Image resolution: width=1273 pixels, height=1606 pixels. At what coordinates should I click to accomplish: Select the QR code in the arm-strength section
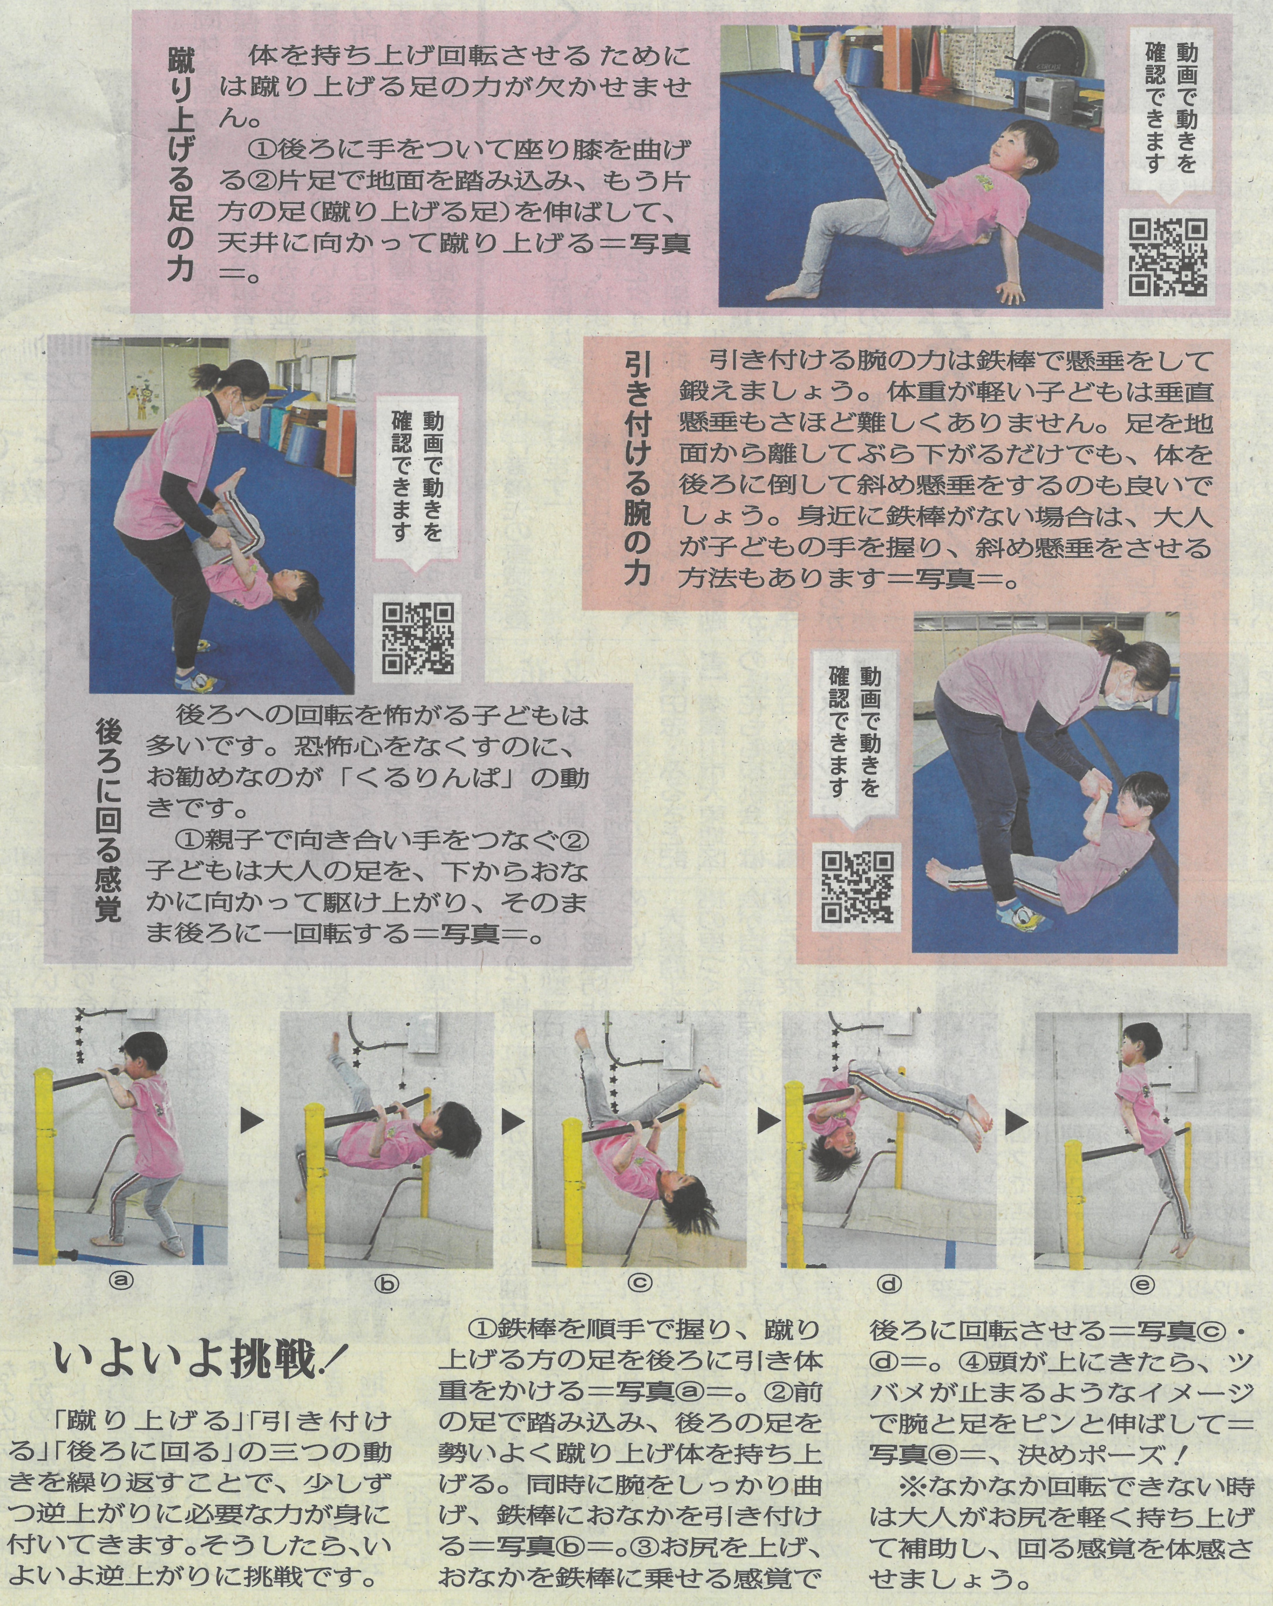point(858,886)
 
